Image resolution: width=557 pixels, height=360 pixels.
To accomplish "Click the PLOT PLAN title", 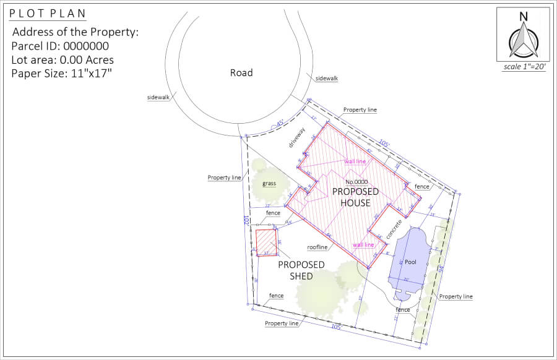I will [48, 14].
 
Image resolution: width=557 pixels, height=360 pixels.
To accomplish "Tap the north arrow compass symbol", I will [523, 39].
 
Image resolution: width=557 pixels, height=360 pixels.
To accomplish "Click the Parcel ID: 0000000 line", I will [60, 46].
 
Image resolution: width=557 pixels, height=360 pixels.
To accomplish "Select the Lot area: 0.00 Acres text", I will [63, 60].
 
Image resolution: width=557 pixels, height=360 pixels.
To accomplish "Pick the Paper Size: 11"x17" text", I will [61, 74].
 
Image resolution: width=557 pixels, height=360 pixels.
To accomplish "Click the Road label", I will [241, 72].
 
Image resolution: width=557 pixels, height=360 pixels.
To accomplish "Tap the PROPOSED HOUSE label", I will [355, 197].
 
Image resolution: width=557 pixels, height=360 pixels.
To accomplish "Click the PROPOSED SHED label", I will [301, 270].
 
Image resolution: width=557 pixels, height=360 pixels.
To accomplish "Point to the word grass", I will [269, 183].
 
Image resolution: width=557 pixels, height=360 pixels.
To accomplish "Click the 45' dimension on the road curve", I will [278, 123].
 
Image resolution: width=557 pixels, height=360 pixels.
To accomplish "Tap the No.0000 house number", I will [357, 182].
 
